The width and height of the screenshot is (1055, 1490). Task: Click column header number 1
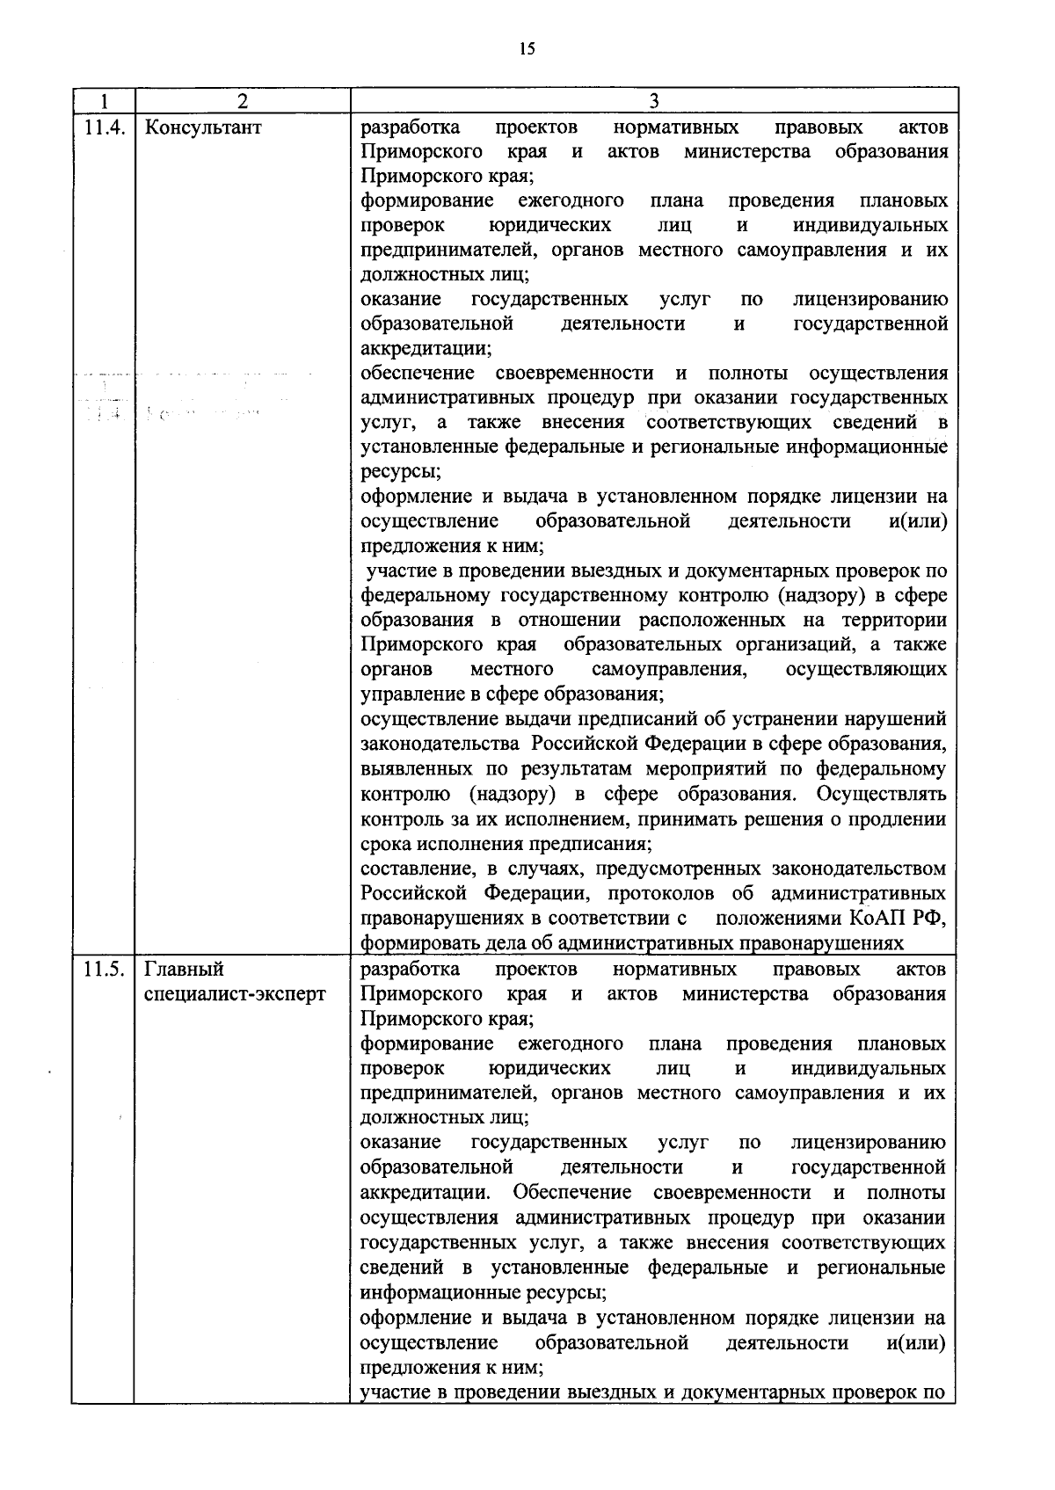click(x=103, y=100)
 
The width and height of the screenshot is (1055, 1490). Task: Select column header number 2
click(x=243, y=100)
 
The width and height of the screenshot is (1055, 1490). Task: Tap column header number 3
click(x=653, y=100)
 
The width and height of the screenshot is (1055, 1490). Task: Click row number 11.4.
click(x=103, y=127)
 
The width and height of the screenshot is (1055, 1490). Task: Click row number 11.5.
click(x=103, y=969)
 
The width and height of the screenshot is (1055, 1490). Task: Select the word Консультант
click(x=203, y=127)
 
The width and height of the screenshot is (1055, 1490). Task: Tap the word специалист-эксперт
click(x=235, y=993)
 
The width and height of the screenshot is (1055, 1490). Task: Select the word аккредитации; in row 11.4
click(x=426, y=348)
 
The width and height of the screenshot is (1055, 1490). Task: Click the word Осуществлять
click(x=881, y=795)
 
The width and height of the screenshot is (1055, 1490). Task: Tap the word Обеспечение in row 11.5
click(x=572, y=1193)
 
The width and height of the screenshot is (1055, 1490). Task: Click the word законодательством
click(x=859, y=869)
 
